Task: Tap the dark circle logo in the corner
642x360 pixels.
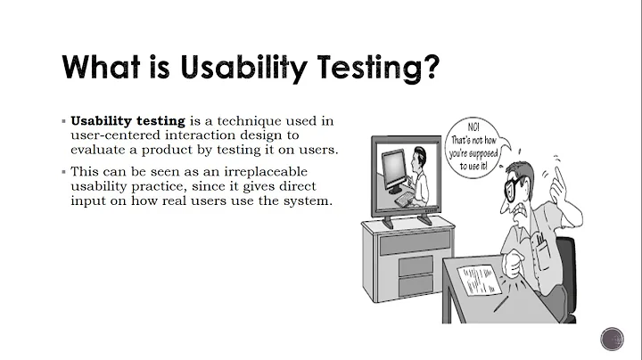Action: point(613,340)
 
